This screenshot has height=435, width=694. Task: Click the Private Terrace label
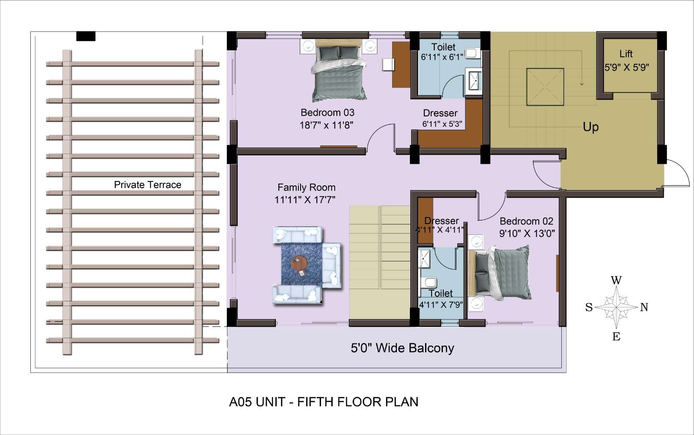tap(147, 185)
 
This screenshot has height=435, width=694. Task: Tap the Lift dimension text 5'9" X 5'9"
tap(626, 67)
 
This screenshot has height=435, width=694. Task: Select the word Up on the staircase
tap(590, 127)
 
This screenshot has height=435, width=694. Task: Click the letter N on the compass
tap(644, 307)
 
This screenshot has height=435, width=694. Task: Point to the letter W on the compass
tap(616, 280)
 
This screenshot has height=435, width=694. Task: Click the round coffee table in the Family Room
tap(299, 263)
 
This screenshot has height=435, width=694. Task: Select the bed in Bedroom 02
tap(499, 273)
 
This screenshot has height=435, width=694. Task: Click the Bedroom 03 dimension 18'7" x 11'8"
tap(327, 125)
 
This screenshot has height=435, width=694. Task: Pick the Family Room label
tap(306, 187)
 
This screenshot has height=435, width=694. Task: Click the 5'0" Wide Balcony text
tap(402, 348)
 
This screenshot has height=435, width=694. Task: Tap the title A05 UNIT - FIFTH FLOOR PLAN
tap(324, 402)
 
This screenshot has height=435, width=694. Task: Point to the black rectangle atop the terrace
tap(86, 36)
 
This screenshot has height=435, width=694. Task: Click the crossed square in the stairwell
tap(545, 87)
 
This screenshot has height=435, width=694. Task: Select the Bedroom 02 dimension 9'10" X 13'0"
tap(527, 233)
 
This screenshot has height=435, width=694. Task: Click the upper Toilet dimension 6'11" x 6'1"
tap(442, 57)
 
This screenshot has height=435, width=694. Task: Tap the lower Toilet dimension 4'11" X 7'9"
tap(441, 305)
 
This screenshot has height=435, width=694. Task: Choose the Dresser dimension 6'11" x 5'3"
tap(442, 124)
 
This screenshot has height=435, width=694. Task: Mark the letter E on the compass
tap(616, 336)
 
